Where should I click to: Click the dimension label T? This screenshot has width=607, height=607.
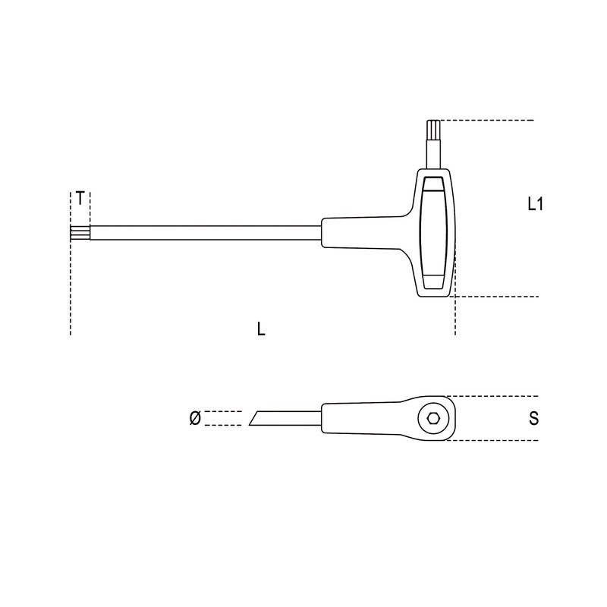(80, 200)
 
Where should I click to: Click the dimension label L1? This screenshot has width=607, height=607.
(536, 204)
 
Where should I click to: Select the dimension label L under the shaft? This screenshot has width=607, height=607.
(261, 329)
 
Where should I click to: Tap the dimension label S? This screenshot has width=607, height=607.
(534, 418)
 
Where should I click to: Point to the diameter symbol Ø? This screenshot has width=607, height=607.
(194, 418)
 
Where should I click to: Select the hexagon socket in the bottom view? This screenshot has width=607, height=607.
(432, 418)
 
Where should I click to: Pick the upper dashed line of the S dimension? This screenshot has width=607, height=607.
(493, 396)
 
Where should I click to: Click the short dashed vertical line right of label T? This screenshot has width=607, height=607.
(90, 205)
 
